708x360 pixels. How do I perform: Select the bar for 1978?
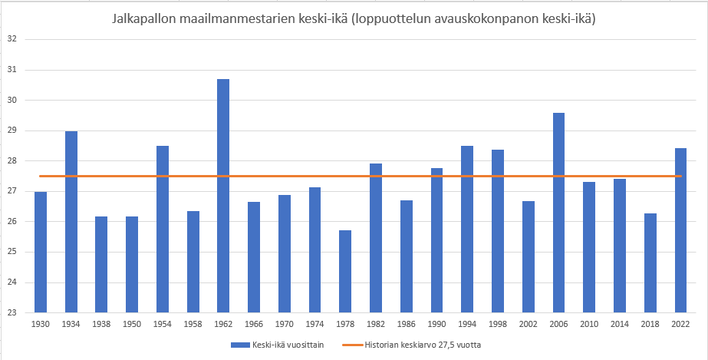(345, 272)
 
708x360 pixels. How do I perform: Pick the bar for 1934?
(71, 222)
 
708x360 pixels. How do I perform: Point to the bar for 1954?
(163, 230)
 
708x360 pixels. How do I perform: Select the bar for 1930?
(41, 253)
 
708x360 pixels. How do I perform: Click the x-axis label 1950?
(132, 323)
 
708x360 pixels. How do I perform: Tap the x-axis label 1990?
(436, 323)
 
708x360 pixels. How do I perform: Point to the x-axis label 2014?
(620, 323)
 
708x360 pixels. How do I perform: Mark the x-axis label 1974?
(314, 323)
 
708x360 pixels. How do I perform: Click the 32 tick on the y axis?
(12, 39)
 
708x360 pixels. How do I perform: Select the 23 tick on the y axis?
(12, 312)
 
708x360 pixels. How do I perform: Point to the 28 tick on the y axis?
(12, 160)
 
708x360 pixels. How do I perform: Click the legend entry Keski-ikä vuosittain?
(287, 345)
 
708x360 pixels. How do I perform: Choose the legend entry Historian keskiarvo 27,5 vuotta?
(423, 345)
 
